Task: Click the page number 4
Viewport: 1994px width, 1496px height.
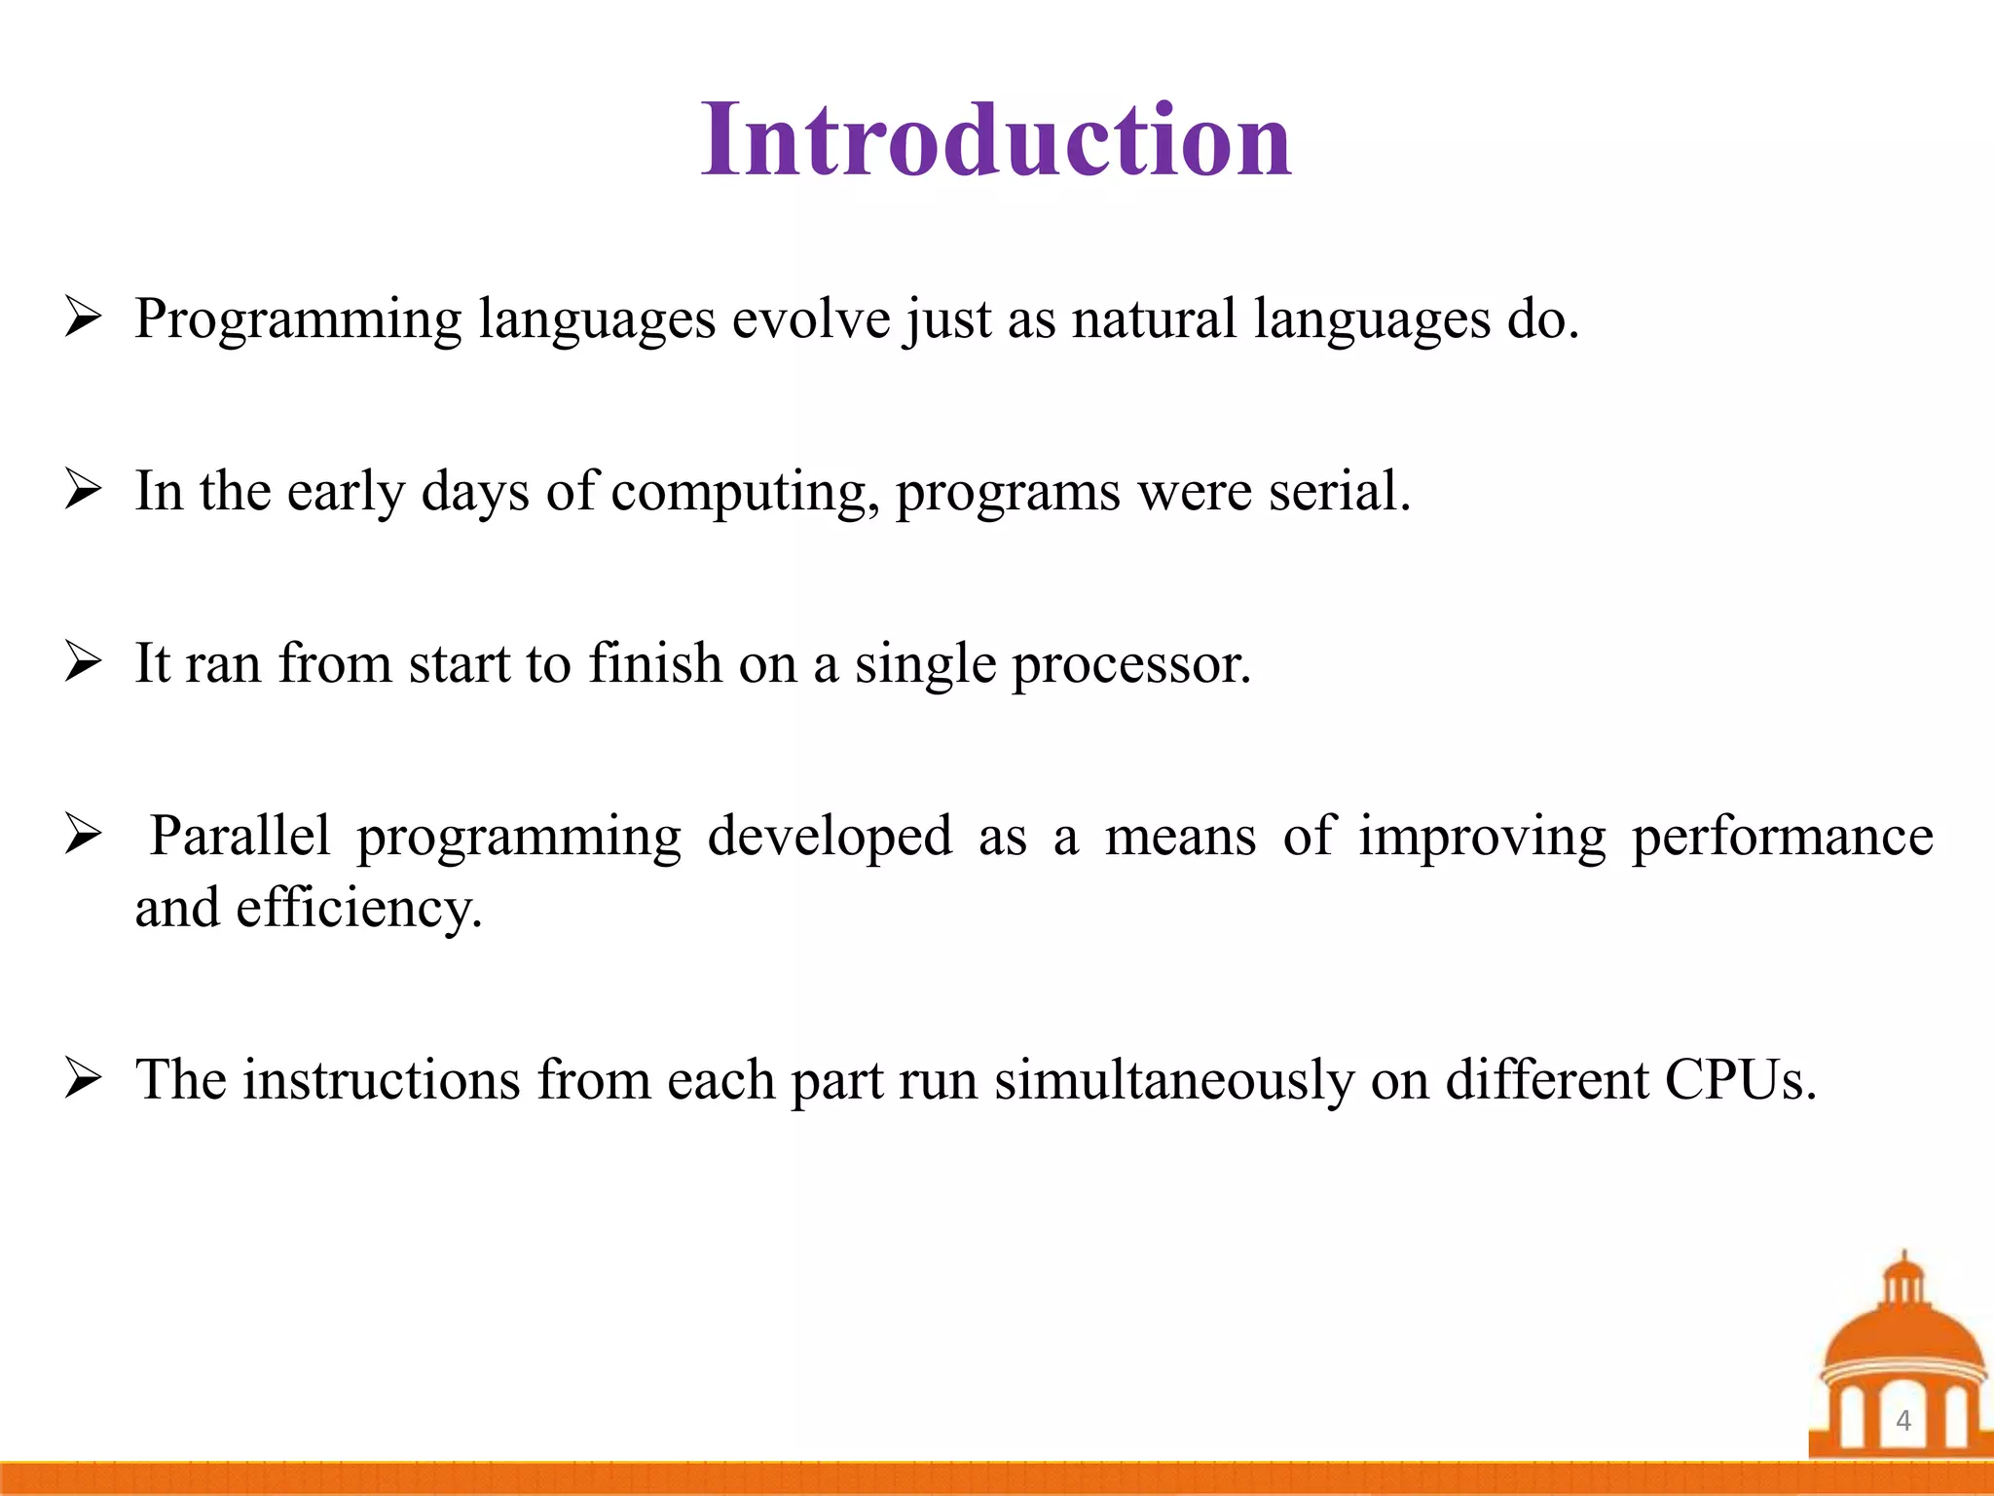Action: [1903, 1420]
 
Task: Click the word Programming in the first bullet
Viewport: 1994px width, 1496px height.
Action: [297, 319]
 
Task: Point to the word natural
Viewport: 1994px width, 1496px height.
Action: [1154, 318]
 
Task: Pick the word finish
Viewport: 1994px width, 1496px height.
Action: [654, 663]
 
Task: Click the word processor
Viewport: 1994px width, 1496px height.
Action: [1130, 665]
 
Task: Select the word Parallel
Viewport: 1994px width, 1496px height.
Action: [240, 836]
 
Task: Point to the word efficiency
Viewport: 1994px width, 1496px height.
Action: [358, 909]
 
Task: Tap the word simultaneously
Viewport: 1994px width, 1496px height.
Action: [1173, 1080]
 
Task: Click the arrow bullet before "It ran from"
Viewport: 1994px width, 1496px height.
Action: [84, 664]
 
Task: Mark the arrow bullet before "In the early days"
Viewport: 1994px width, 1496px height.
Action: [84, 491]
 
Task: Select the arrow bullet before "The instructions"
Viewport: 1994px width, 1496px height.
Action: [84, 1080]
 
